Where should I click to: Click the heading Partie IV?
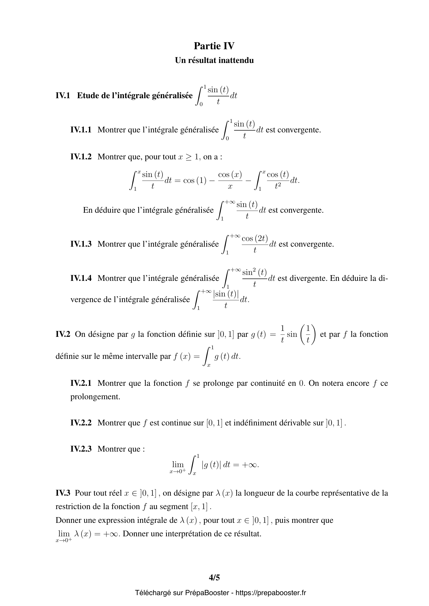214,46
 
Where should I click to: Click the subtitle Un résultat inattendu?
214,60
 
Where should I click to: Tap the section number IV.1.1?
81,130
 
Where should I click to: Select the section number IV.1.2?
81,157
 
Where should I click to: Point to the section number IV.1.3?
81,244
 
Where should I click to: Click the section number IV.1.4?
81,278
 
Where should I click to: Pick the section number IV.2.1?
81,383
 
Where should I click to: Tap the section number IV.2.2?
81,423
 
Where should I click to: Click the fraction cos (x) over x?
230,181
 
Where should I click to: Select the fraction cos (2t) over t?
255,244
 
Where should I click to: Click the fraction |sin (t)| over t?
226,300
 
